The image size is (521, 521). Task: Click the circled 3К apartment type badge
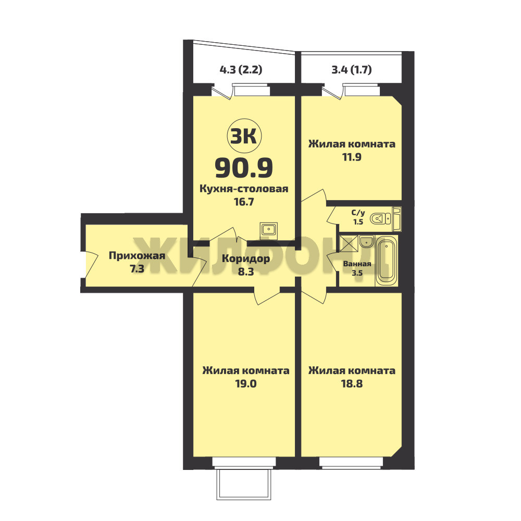point(244,136)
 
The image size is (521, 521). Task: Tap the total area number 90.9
point(244,168)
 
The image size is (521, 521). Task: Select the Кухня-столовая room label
point(244,189)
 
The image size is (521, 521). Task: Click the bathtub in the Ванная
point(387,260)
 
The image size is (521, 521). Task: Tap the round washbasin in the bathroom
point(366,242)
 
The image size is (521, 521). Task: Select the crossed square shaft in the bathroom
point(349,243)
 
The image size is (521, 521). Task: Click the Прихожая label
point(137,255)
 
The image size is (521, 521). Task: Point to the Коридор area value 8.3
point(246,271)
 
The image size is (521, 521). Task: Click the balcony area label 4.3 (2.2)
point(241,70)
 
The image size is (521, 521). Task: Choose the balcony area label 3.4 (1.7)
point(352,70)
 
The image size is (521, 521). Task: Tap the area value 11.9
point(352,156)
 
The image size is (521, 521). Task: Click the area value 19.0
point(246,383)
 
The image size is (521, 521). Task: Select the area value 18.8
point(352,383)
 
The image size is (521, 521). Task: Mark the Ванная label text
point(357,264)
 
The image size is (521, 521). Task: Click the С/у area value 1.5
point(358,221)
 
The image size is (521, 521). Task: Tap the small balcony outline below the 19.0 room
point(243,484)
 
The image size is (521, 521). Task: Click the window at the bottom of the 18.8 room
point(351,463)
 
